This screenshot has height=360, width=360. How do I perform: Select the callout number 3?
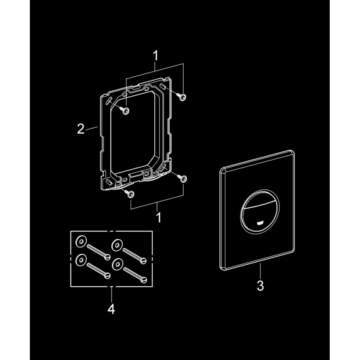pos(260,286)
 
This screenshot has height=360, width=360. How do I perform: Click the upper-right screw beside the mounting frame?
pos(183,97)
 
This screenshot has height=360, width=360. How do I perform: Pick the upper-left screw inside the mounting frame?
pos(126,110)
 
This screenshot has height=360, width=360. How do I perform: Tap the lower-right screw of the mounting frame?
pos(183,178)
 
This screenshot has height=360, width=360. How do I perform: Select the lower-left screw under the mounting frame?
pos(130,194)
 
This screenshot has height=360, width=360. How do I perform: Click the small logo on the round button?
pos(260,222)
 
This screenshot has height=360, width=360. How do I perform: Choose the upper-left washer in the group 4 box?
pos(80,241)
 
